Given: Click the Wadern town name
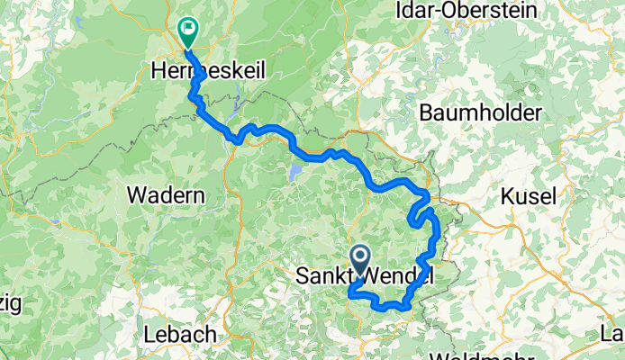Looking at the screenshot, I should click(166, 193).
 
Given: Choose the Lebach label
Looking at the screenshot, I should click(179, 334).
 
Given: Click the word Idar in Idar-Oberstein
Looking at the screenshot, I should click(415, 12).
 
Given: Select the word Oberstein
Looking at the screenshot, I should click(486, 12).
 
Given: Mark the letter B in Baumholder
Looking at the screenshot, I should click(427, 114).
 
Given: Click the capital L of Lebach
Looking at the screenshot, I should click(149, 334).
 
